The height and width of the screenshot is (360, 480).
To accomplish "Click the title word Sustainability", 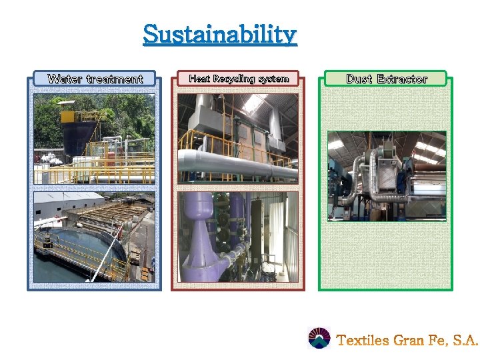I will coord(219,34).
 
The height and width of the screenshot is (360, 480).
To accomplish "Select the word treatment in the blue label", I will coord(114,79).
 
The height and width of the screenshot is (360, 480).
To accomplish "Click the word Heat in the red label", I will coord(199,79).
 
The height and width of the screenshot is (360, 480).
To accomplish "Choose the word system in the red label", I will coord(273,79).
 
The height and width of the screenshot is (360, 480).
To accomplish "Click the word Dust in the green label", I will coord(359,79).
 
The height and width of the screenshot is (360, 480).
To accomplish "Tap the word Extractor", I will coord(402,79).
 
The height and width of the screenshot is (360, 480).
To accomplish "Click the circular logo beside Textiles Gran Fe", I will coord(319,339).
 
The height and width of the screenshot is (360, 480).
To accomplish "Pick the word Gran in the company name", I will coord(409,341).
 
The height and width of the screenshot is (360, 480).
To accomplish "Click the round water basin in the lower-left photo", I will coord(67,250).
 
